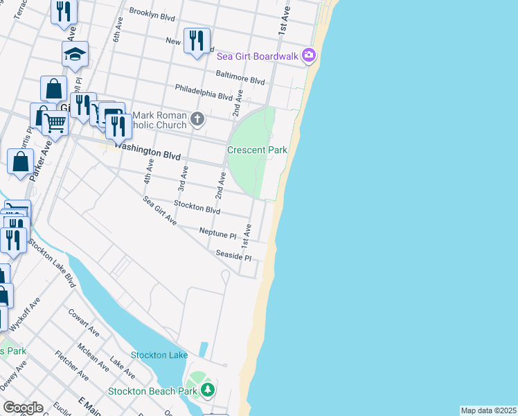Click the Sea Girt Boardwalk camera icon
point(309,55)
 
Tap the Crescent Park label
point(258,150)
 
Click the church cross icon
point(197,119)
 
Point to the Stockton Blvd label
point(197,207)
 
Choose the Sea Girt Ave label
point(160,211)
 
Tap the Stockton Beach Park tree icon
point(208,390)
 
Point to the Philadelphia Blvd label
point(203,92)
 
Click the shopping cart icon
point(55,123)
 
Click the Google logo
point(23,408)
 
